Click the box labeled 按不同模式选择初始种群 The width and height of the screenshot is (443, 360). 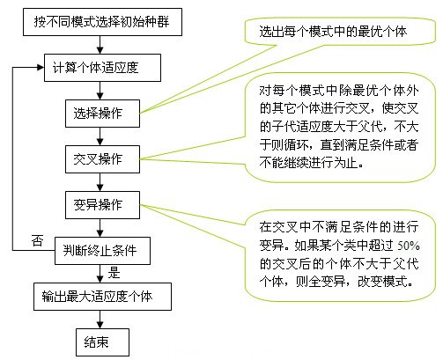pyautogui.click(x=102, y=22)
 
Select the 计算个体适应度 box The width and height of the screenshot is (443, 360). pyautogui.click(x=102, y=68)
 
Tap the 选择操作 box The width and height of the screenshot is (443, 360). pyautogui.click(x=102, y=114)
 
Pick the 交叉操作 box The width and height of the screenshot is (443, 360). pyautogui.click(x=102, y=159)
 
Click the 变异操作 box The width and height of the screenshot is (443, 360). pyautogui.click(x=102, y=205)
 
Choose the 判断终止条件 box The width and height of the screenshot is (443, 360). pyautogui.click(x=102, y=251)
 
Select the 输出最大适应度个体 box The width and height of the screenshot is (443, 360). pyautogui.click(x=102, y=297)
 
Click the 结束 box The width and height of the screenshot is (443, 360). pyautogui.click(x=102, y=342)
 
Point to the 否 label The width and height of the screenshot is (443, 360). pyautogui.click(x=38, y=240)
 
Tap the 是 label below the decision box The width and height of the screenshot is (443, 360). pyautogui.click(x=114, y=273)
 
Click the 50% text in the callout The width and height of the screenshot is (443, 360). pyautogui.click(x=409, y=246)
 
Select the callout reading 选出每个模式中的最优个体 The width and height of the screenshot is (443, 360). pyautogui.click(x=333, y=32)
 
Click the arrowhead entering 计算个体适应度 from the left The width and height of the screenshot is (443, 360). pyautogui.click(x=41, y=68)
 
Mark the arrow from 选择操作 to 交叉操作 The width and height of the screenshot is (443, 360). pyautogui.click(x=100, y=136)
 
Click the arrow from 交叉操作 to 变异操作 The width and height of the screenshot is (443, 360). pyautogui.click(x=100, y=182)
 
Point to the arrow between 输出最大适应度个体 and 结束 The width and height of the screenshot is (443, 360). pyautogui.click(x=100, y=320)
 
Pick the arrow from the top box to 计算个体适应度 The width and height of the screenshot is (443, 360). pyautogui.click(x=100, y=45)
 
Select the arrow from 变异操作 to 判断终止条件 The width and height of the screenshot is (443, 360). pyautogui.click(x=100, y=228)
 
